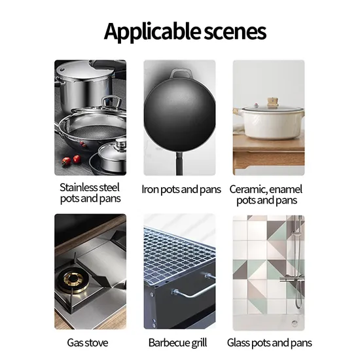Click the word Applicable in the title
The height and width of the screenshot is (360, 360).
pyautogui.click(x=152, y=31)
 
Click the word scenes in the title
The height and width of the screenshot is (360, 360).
pyautogui.click(x=235, y=31)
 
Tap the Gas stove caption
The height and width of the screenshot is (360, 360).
pyautogui.click(x=88, y=343)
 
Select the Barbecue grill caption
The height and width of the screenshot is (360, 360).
pyautogui.click(x=177, y=343)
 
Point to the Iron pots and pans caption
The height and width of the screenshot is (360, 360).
pyautogui.click(x=181, y=190)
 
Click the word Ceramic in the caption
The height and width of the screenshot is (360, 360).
pyautogui.click(x=247, y=190)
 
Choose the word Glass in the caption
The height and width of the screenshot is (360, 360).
pyautogui.click(x=238, y=343)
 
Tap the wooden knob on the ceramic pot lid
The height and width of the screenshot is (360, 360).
pyautogui.click(x=272, y=101)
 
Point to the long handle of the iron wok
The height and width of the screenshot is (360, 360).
pyautogui.click(x=179, y=164)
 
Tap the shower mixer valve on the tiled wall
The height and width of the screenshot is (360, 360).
pyautogui.click(x=292, y=278)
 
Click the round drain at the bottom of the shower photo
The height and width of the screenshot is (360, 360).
pyautogui.click(x=295, y=323)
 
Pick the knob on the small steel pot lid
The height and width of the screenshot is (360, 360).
pyautogui.click(x=121, y=143)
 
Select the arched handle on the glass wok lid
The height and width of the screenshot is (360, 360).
pyautogui.click(x=111, y=101)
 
